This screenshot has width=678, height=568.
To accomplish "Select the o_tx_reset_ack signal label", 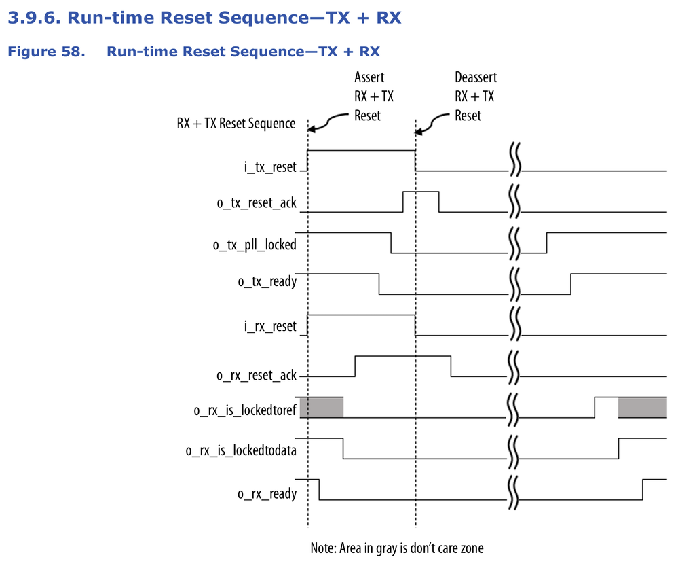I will [x=259, y=202].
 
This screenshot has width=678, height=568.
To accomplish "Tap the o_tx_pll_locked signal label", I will [x=255, y=245].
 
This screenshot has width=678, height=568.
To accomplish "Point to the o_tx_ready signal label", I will [x=267, y=281].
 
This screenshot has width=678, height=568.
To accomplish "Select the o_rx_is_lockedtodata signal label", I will [x=241, y=449].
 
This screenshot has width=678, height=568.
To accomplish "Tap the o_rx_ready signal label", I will [x=267, y=493].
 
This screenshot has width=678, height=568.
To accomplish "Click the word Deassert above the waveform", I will [x=476, y=78].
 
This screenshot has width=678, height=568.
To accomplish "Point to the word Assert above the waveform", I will [x=369, y=78].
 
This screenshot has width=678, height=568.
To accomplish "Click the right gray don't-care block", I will [x=642, y=406].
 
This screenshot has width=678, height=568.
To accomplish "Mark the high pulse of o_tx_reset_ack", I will [x=421, y=193].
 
